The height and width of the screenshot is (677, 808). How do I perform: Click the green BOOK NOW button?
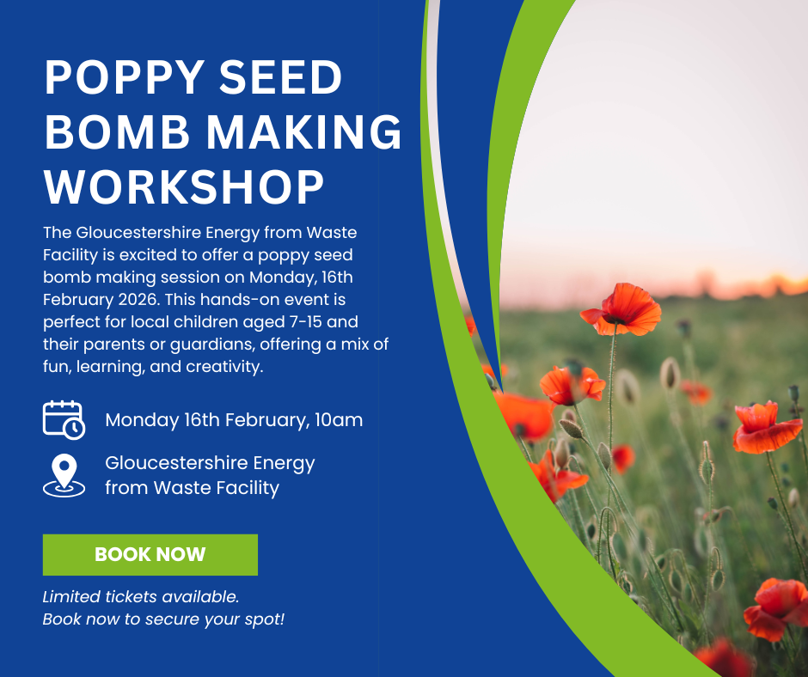(150, 554)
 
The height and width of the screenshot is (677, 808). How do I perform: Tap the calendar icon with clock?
(64, 419)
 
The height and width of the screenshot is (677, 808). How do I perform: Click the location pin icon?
(64, 475)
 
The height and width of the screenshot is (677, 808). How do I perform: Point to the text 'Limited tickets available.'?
(141, 596)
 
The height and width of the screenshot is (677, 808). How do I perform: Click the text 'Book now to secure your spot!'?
(163, 619)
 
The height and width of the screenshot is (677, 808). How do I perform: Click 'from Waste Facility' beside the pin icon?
(192, 488)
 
